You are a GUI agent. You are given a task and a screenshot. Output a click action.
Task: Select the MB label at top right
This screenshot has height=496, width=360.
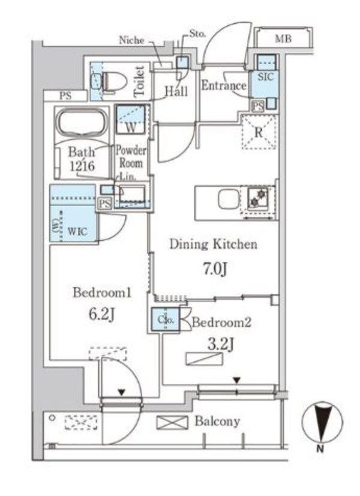[283, 39]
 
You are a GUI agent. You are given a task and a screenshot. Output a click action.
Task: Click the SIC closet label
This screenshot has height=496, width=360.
[265, 77]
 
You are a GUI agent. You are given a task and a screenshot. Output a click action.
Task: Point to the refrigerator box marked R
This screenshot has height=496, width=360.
[259, 132]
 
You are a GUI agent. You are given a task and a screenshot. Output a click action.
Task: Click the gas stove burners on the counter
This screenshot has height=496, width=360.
[257, 197]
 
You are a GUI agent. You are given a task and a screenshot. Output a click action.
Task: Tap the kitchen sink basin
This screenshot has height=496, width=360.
[229, 199]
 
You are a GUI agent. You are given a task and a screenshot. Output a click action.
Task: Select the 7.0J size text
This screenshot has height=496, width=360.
[215, 269]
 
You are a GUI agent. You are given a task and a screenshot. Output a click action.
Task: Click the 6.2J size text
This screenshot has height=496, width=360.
[101, 314]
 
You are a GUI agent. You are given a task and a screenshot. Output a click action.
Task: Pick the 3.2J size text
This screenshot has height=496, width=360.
[221, 344]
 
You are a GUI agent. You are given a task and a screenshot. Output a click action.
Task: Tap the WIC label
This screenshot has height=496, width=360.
[77, 231]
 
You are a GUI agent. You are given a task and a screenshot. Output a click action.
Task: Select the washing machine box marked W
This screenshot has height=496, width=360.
[131, 119]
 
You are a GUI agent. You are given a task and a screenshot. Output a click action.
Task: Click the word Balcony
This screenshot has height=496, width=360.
[217, 422]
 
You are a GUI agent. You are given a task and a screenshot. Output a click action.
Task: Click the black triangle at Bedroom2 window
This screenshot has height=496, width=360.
[237, 381]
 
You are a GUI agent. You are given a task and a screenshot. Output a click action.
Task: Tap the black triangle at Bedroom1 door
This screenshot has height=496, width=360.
[121, 393]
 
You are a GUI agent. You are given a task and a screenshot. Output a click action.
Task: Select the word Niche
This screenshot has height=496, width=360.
[131, 40]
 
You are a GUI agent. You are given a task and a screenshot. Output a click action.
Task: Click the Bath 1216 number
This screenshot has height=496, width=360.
[82, 166]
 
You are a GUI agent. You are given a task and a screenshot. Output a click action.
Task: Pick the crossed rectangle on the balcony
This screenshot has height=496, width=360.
[172, 423]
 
